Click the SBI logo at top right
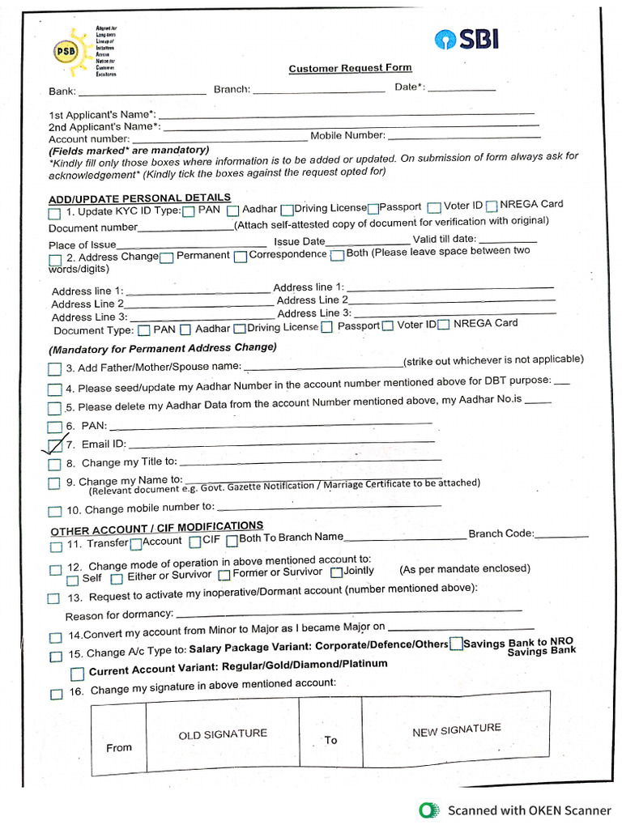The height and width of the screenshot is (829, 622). click(x=467, y=40)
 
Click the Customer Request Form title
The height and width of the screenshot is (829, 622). click(x=350, y=69)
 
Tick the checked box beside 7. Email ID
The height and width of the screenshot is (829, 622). click(x=54, y=444)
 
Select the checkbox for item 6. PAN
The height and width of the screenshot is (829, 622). click(x=54, y=427)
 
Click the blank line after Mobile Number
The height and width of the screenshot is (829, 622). click(x=462, y=134)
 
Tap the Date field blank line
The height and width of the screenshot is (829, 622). click(x=461, y=89)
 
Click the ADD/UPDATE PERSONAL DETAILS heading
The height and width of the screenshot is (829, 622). click(x=139, y=198)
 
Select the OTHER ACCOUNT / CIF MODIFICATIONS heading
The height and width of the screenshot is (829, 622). click(x=156, y=528)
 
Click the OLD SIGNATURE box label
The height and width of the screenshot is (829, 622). click(x=223, y=734)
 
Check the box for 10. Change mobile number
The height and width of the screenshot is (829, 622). click(x=54, y=511)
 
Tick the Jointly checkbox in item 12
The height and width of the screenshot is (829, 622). click(x=336, y=572)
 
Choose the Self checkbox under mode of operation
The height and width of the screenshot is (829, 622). click(x=73, y=580)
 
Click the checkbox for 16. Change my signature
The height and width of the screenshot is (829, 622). click(x=56, y=694)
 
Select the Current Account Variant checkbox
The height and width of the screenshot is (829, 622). click(x=77, y=674)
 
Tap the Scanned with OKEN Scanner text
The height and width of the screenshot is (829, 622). click(x=530, y=810)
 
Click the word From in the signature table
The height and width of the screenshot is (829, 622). click(x=119, y=747)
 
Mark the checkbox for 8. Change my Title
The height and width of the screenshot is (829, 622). click(x=54, y=465)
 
